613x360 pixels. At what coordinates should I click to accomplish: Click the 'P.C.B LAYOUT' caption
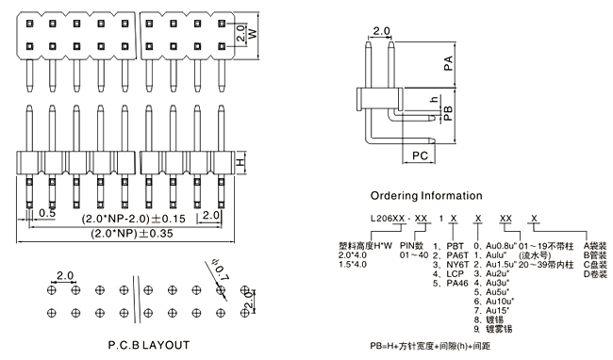(149, 345)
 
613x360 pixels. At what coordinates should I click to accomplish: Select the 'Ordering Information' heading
(426, 196)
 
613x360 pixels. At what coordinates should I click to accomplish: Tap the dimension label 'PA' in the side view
(448, 63)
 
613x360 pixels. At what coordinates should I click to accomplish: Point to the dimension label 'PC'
(420, 155)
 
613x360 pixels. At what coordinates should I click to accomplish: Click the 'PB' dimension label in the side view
(448, 113)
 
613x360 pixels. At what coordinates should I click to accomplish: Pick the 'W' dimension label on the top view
(254, 34)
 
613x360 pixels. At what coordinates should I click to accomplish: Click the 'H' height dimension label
(240, 161)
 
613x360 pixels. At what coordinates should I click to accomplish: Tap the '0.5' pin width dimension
(47, 213)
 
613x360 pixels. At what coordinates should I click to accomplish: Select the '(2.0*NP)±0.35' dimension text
(132, 234)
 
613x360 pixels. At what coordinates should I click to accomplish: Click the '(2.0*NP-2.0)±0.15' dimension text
(133, 219)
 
